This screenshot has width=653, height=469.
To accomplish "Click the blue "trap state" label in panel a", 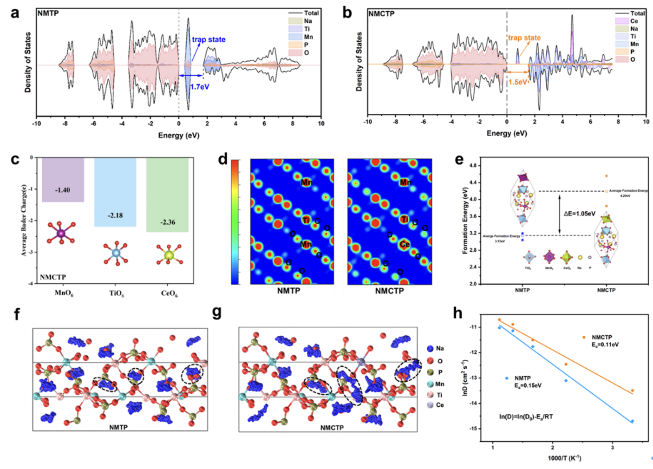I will [209, 39].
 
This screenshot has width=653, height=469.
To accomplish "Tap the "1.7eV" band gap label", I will [200, 87].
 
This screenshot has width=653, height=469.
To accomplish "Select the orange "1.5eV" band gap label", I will [518, 82].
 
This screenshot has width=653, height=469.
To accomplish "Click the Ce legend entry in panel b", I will [633, 21].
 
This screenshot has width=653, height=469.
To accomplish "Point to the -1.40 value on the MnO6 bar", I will [62, 190].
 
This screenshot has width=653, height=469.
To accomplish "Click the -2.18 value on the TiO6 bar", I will [115, 215].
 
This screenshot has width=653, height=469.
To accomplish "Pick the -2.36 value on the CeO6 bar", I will [168, 222].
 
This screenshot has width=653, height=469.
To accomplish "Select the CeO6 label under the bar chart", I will [169, 293].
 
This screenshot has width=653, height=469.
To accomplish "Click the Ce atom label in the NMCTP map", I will [405, 244].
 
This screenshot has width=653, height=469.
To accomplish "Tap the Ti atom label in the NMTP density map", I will [306, 220].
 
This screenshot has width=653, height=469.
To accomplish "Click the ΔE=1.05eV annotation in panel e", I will [580, 214].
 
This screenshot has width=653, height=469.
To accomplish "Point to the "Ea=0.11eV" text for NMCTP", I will [605, 345].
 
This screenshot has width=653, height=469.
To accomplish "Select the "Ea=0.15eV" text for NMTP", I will [528, 385].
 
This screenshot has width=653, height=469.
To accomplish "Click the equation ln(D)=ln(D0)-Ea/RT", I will [526, 417].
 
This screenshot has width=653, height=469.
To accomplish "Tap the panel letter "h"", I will [458, 313].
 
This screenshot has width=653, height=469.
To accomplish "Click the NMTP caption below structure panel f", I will [118, 427].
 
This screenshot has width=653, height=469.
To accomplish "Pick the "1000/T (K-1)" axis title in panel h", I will [564, 458].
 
